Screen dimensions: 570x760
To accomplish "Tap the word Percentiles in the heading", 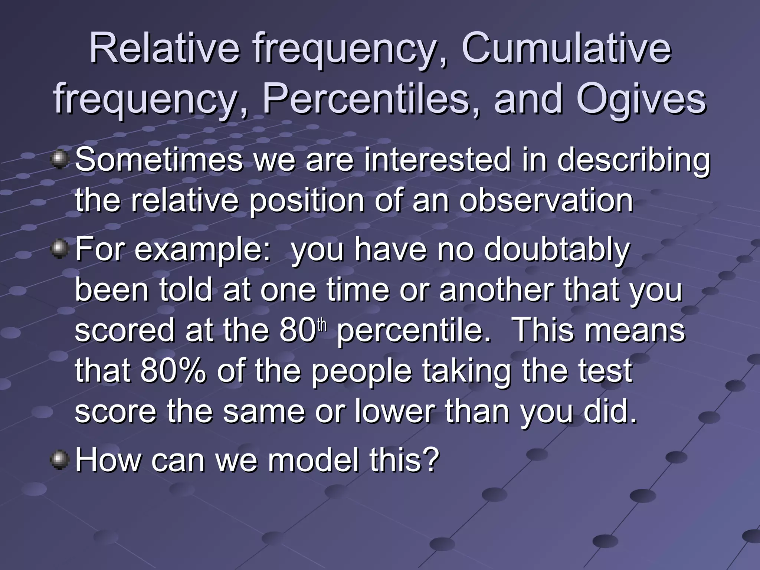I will coord(366,99).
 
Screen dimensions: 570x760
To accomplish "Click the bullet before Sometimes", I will coord(59,160).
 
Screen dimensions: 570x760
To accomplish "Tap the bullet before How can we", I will coord(59,461).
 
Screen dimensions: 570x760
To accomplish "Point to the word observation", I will coord(546,201).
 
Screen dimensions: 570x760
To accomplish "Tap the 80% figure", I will coord(173,371).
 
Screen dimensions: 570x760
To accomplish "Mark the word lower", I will coord(394,412).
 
